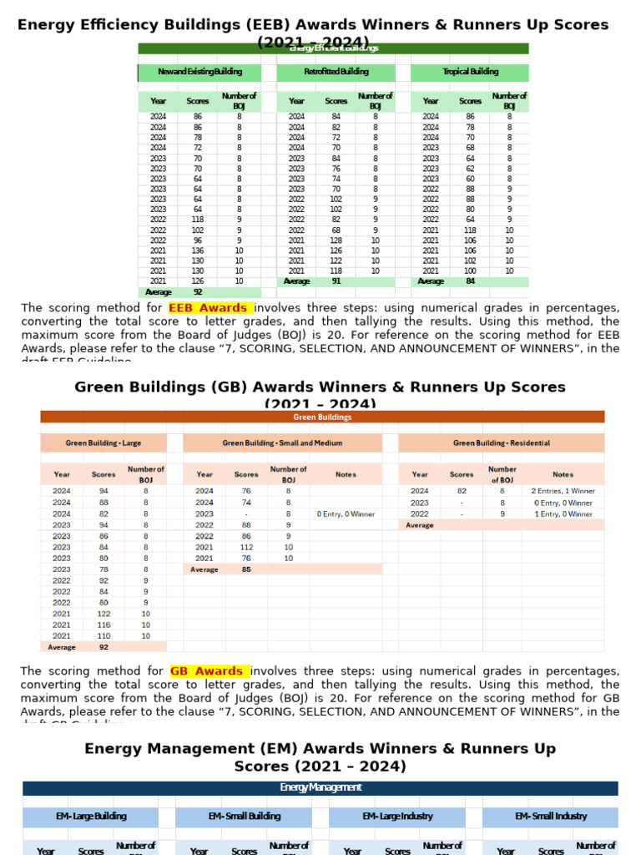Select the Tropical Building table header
[x=471, y=73]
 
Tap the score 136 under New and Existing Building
[x=198, y=250]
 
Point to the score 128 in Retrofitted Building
[x=336, y=240]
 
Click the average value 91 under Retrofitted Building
[x=336, y=281]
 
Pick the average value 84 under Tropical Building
[x=471, y=281]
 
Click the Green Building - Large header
[x=103, y=443]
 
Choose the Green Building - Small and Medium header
[x=283, y=443]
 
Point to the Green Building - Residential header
[x=502, y=443]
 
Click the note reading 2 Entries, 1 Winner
[x=563, y=492]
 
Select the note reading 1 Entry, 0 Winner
[x=563, y=514]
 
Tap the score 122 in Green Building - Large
[x=103, y=614]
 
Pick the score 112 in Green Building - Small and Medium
[x=246, y=548]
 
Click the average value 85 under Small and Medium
[x=246, y=569]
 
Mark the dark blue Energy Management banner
[x=320, y=788]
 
